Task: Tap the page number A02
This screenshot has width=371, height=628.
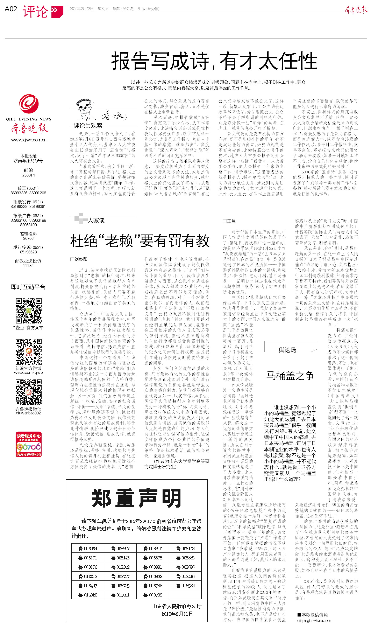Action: [x=11, y=9]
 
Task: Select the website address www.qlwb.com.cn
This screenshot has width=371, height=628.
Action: [x=29, y=140]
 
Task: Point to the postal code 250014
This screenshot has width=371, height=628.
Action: [x=29, y=175]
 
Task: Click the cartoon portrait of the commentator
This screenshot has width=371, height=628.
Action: [x=85, y=110]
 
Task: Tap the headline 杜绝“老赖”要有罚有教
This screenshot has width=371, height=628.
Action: [x=140, y=241]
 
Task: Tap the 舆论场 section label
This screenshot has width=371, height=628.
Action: [x=287, y=350]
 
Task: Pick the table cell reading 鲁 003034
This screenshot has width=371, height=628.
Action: [x=88, y=549]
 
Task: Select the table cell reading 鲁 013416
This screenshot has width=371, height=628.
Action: [x=185, y=576]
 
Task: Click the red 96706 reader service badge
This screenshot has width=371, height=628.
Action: [x=29, y=444]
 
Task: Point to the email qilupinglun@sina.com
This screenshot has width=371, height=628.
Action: [x=314, y=621]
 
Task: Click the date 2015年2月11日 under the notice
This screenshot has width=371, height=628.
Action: [x=177, y=614]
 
